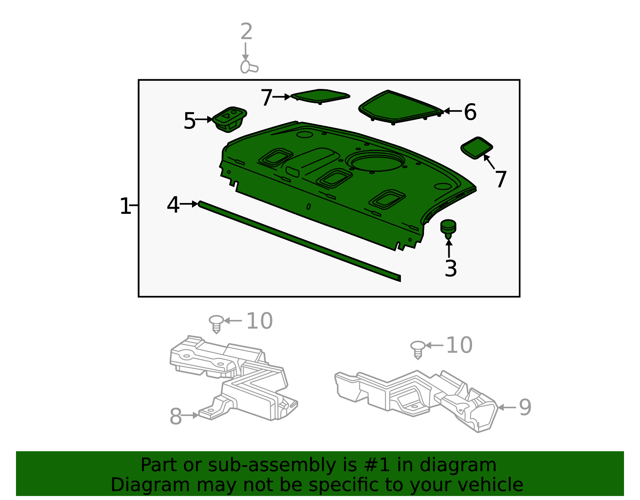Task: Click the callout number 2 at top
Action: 246,32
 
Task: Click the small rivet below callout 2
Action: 249,67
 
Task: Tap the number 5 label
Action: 189,121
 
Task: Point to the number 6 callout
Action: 470,112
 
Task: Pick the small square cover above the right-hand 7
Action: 476,148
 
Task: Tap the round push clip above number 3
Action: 448,228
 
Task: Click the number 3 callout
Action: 450,269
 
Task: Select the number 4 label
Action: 173,205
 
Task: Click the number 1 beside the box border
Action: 125,207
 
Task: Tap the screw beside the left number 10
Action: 216,323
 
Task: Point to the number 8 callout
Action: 176,417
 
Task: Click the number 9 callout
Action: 525,408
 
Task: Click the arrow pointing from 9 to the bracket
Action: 506,408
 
